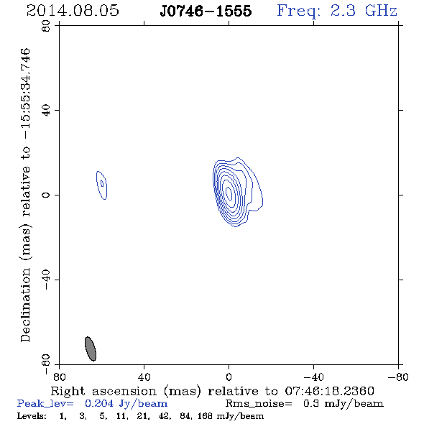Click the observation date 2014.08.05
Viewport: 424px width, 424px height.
[x=73, y=11]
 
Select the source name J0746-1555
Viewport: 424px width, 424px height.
[x=206, y=11]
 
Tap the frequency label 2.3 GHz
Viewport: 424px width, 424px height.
[x=364, y=11]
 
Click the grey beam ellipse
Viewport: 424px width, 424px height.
[x=91, y=349]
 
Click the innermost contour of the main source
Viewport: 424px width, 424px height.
[x=229, y=193]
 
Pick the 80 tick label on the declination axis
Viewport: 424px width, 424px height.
[x=46, y=26]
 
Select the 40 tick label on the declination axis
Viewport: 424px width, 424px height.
[x=46, y=111]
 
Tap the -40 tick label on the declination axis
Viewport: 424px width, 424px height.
[x=46, y=280]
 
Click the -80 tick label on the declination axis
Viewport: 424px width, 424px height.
[x=46, y=364]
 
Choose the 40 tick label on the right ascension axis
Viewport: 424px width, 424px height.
[x=144, y=377]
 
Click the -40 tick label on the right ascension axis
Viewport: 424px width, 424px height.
[x=313, y=377]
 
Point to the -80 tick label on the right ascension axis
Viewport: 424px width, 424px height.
[x=398, y=377]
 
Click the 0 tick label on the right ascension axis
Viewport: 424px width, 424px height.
[x=229, y=377]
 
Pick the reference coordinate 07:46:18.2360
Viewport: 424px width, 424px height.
[x=329, y=391]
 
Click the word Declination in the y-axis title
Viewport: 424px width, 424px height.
[x=25, y=305]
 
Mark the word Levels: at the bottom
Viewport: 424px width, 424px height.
[x=32, y=416]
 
